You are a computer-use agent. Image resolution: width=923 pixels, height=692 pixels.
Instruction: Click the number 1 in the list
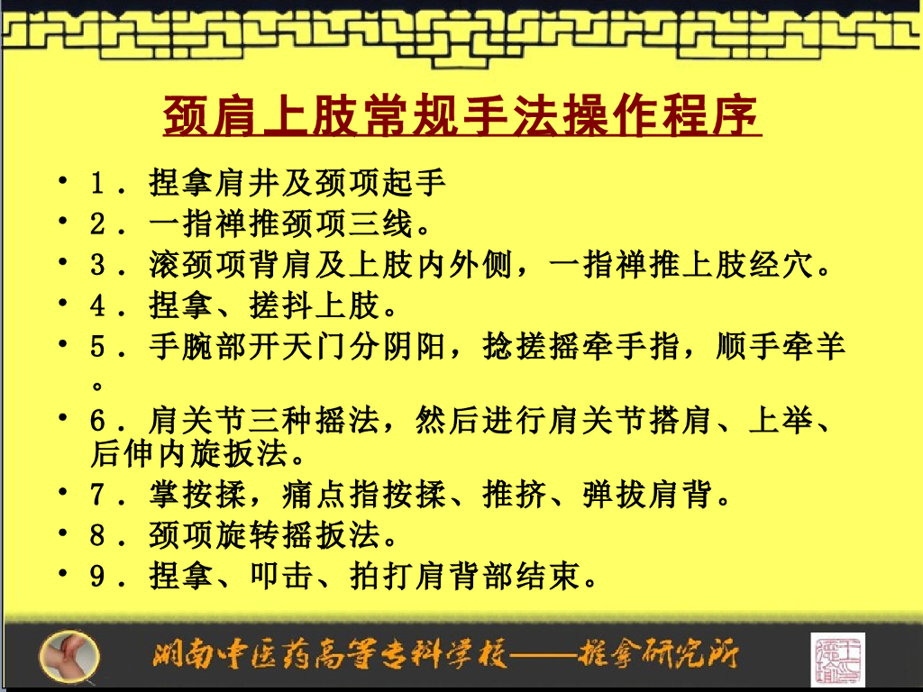[98, 184]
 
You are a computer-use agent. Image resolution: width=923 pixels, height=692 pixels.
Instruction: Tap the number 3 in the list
[98, 266]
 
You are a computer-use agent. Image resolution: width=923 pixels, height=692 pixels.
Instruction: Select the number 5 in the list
[98, 347]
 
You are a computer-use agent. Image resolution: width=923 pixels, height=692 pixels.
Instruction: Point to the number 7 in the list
[98, 495]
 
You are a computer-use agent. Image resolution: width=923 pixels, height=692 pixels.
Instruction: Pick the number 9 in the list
[98, 576]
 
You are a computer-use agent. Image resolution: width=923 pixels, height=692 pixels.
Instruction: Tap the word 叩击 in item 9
[283, 576]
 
